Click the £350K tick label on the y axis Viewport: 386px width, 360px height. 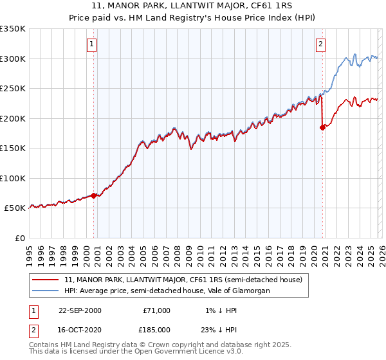pos(13,29)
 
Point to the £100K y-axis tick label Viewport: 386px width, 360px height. pos(13,178)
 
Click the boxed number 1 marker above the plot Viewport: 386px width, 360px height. pos(92,44)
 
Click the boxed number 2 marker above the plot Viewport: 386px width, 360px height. pos(320,44)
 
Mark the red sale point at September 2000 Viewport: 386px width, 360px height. pos(94,195)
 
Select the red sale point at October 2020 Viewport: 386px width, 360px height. pos(322,127)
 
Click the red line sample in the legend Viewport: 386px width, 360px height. pos(46,280)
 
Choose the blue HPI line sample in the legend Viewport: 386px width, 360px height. pos(46,291)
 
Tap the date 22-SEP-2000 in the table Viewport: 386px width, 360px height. pos(80,310)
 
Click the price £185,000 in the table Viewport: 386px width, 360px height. pos(156,329)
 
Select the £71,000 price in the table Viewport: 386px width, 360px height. pos(156,310)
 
